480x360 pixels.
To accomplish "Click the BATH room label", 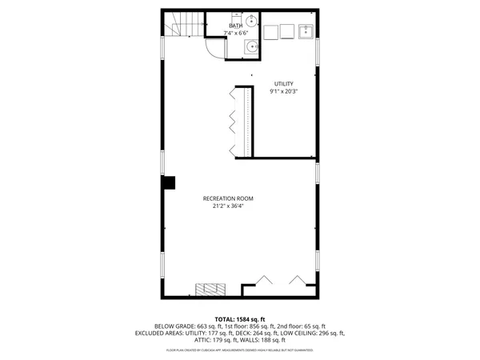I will pyautogui.click(x=235, y=26).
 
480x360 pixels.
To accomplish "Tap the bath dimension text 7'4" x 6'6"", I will pyautogui.click(x=235, y=33).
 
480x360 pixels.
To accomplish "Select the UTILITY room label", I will pyautogui.click(x=284, y=83).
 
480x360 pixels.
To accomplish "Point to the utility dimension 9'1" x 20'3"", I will pyautogui.click(x=284, y=91).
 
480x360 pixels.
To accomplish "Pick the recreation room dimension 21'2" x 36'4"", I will pyautogui.click(x=228, y=206).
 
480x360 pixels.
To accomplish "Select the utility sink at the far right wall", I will pyautogui.click(x=307, y=32).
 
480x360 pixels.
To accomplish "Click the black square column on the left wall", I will pyautogui.click(x=168, y=183).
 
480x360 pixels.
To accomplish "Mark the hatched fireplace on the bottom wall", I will pyautogui.click(x=213, y=289).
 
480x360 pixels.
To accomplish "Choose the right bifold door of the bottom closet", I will pyautogui.click(x=298, y=282).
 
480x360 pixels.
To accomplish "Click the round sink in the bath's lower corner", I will pyautogui.click(x=252, y=46).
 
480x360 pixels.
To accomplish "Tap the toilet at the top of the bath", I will pyautogui.click(x=250, y=21).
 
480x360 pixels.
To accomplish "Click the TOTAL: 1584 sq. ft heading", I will pyautogui.click(x=240, y=318).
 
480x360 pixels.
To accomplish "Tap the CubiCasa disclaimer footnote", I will pyautogui.click(x=240, y=350).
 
